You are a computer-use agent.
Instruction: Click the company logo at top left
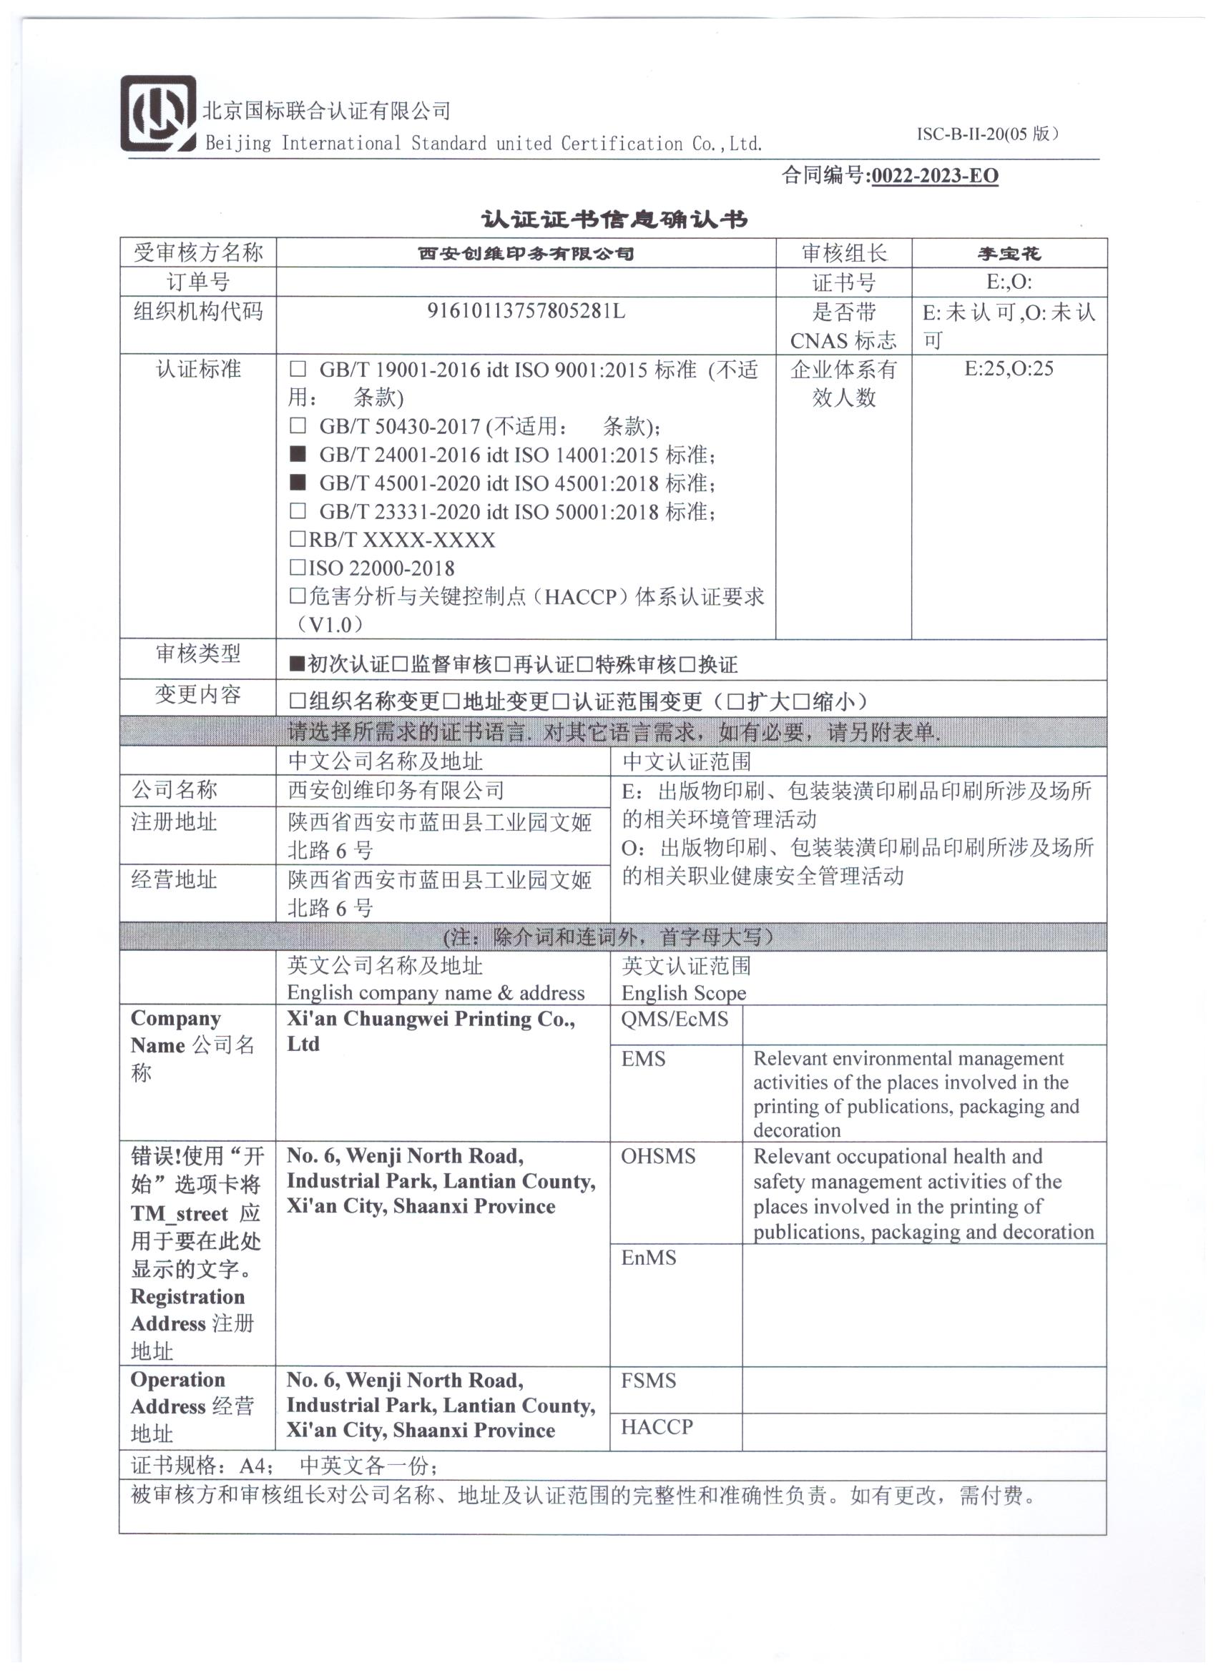[x=158, y=114]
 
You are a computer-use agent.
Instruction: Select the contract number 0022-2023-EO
[x=934, y=177]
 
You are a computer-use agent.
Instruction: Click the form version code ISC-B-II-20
[x=961, y=134]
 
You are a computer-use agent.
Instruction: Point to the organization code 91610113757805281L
[x=525, y=311]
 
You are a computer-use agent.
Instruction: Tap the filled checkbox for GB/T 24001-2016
[x=298, y=454]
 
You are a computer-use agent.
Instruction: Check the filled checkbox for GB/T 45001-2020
[x=298, y=483]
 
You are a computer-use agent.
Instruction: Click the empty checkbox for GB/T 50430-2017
[x=298, y=425]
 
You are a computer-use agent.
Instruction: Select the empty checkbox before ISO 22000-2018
[x=298, y=567]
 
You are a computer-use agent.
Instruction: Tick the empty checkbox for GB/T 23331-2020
[x=298, y=510]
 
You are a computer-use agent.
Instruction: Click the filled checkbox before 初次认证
[x=297, y=664]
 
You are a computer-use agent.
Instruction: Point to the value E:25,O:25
[x=1009, y=369]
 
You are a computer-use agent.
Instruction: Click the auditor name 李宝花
[x=1009, y=254]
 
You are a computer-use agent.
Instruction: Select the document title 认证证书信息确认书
[x=614, y=219]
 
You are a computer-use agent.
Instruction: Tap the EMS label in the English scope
[x=642, y=1060]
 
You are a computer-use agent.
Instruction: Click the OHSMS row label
[x=657, y=1157]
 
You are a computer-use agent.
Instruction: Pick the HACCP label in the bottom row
[x=657, y=1427]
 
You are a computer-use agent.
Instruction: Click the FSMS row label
[x=648, y=1381]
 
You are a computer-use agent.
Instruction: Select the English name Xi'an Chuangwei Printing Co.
[x=430, y=1020]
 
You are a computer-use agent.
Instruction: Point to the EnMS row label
[x=648, y=1258]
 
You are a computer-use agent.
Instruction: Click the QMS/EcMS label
[x=674, y=1020]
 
